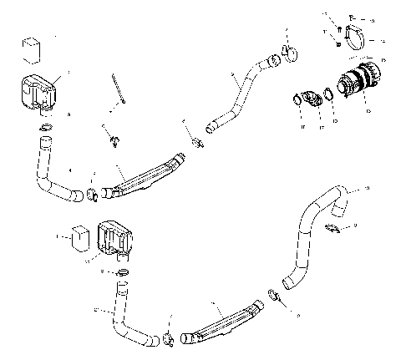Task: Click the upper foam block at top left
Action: coord(32,48)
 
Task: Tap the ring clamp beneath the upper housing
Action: coord(46,128)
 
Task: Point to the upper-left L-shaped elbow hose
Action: coord(53,175)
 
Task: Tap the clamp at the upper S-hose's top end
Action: coord(289,53)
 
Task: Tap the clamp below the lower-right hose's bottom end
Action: coord(273,293)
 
